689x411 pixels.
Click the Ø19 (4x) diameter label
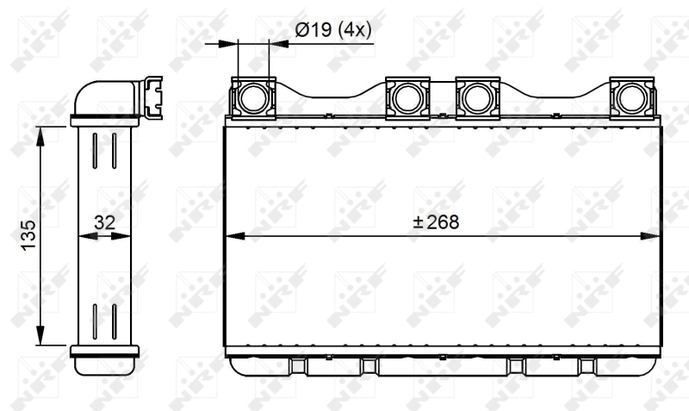coord(333,30)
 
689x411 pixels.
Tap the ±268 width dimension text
coord(437,222)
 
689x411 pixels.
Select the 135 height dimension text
coord(29,235)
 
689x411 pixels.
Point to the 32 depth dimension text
coord(104,222)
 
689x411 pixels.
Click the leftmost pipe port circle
coord(253,98)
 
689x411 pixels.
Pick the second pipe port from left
coord(407,98)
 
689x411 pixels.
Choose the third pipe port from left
coord(478,98)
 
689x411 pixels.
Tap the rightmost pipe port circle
coord(632,98)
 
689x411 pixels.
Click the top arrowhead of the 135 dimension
coord(40,136)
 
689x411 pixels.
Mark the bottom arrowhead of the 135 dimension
coord(40,336)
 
